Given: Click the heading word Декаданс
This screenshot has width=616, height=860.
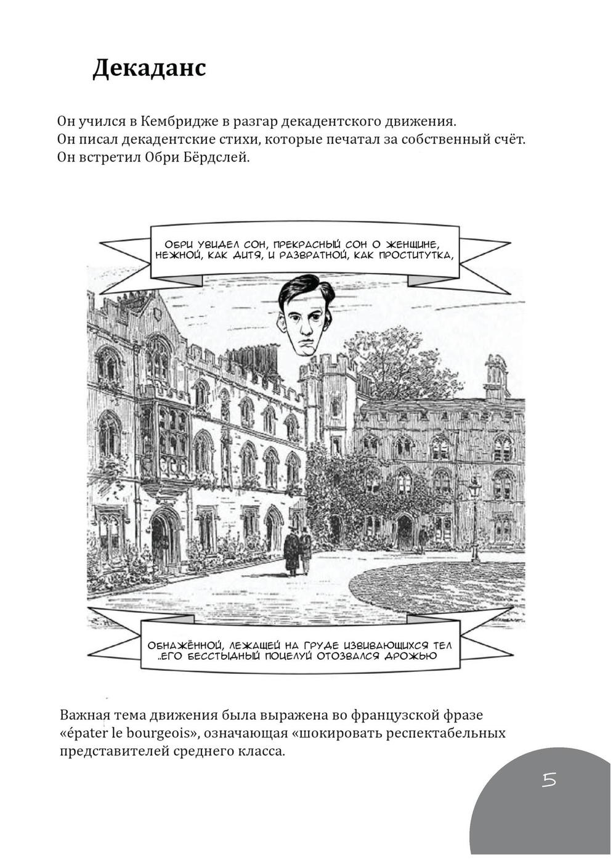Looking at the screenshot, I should (x=149, y=68).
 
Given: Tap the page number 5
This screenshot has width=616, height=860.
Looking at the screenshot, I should (x=549, y=780).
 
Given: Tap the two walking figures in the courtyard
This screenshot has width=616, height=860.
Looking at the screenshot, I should (x=298, y=551).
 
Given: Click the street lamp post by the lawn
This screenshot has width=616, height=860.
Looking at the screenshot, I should (x=474, y=518).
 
